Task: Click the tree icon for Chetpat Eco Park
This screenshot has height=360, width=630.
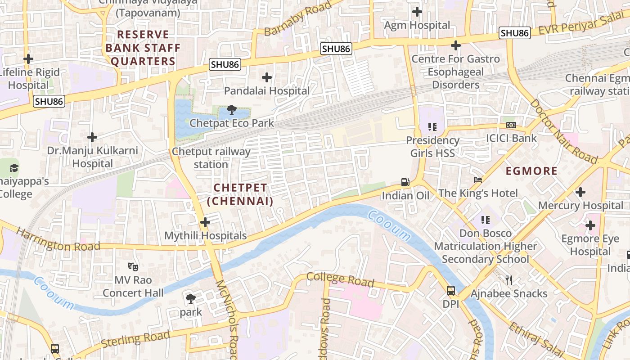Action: [232, 109]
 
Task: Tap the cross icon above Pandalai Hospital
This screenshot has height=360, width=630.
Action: [267, 77]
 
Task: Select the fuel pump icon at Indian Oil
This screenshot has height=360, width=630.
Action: [405, 182]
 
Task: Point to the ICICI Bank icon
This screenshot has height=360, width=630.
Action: [511, 125]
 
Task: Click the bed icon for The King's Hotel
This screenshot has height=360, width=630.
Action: [478, 180]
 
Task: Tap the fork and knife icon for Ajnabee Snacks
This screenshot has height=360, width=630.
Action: [509, 280]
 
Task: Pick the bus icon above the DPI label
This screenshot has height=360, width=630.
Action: [450, 291]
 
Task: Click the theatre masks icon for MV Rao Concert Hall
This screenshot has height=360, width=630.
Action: [133, 266]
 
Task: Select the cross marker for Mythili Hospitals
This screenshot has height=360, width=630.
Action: [205, 222]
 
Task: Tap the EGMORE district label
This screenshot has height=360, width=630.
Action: [531, 171]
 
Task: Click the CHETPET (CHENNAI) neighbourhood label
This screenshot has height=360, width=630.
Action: [240, 194]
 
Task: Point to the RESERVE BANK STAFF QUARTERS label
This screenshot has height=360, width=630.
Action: [143, 48]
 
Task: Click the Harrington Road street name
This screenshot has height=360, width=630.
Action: [58, 240]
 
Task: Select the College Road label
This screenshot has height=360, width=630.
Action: [340, 279]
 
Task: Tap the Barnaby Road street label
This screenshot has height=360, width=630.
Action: [297, 18]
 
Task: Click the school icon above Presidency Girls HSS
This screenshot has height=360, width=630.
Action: [432, 127]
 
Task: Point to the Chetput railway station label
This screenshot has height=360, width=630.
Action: [211, 158]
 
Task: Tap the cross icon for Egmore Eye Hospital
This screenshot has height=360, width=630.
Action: [590, 225]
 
